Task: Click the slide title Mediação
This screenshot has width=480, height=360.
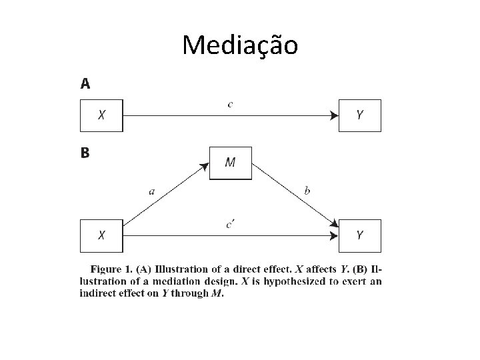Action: (x=240, y=45)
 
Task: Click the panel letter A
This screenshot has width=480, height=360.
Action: (x=85, y=84)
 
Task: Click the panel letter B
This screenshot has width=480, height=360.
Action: (x=85, y=153)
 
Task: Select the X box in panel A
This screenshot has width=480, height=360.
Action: (x=101, y=115)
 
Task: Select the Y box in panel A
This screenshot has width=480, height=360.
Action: (x=360, y=115)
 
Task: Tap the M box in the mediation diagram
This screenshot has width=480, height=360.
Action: (x=231, y=163)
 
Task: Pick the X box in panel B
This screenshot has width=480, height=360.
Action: (x=101, y=235)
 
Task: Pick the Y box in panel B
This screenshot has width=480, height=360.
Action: (x=360, y=235)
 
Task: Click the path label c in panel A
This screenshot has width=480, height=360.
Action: (x=231, y=104)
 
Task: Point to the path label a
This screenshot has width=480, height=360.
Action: (x=152, y=191)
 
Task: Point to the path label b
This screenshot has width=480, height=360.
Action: (x=307, y=191)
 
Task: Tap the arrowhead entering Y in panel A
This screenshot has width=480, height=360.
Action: (x=335, y=115)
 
